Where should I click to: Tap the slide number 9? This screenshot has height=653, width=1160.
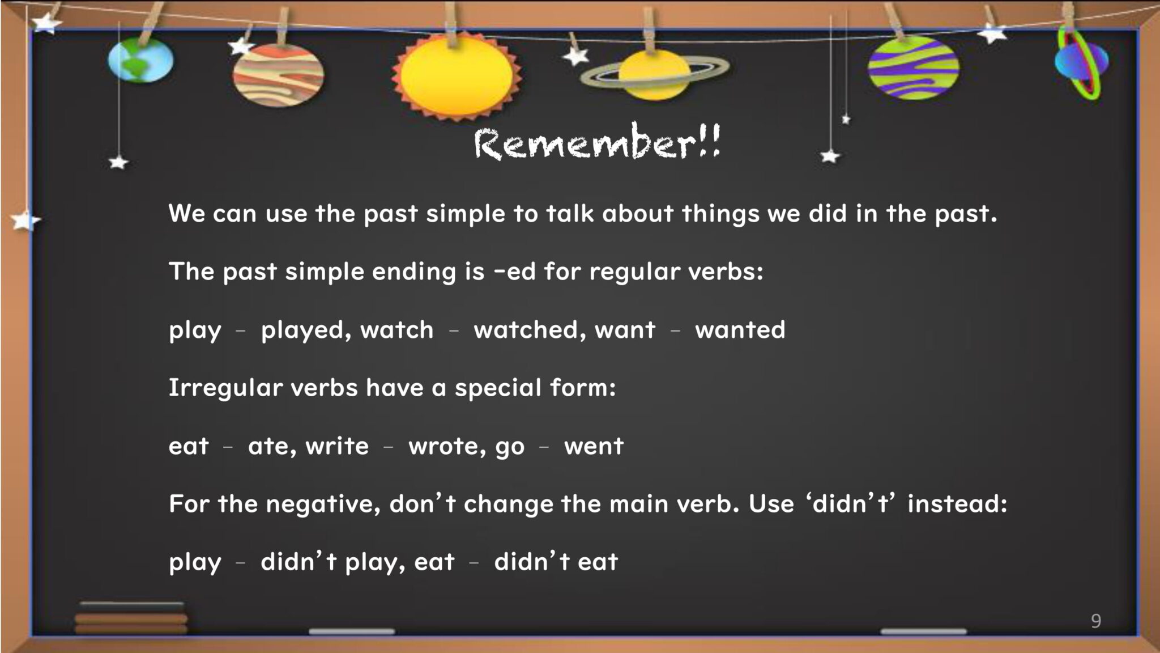tap(1096, 621)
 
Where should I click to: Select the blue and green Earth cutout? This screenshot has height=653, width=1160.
tap(140, 60)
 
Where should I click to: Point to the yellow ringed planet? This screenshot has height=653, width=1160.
tap(655, 74)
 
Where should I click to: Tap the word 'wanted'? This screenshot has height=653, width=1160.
tap(740, 330)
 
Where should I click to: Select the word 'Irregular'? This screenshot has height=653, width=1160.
tap(225, 389)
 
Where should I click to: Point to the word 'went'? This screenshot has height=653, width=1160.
tap(594, 447)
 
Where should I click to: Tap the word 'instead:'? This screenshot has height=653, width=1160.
tap(957, 503)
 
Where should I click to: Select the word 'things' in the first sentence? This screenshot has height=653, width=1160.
tap(720, 214)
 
